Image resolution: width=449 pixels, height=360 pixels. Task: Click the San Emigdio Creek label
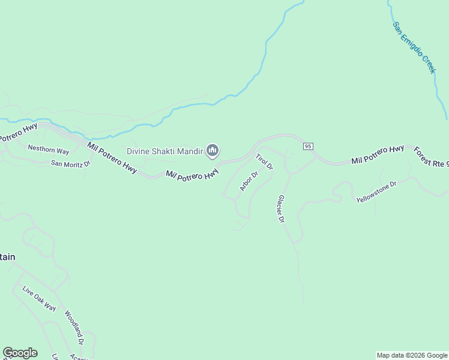click(414, 48)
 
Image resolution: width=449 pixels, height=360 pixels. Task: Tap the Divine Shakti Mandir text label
click(164, 151)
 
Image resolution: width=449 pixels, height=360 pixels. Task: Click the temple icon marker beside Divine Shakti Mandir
click(212, 151)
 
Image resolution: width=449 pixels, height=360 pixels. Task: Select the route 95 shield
click(308, 146)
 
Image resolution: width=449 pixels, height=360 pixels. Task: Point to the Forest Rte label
click(430, 157)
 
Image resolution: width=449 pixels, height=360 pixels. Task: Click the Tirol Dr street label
click(264, 162)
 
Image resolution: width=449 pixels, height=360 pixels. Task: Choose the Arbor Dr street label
click(249, 181)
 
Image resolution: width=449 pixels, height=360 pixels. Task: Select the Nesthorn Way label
click(49, 151)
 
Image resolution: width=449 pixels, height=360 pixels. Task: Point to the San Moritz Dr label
click(70, 163)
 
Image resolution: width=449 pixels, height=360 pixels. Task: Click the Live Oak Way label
click(39, 299)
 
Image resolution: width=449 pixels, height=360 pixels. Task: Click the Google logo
click(20, 353)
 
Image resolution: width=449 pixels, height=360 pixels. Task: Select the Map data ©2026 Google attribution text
click(412, 355)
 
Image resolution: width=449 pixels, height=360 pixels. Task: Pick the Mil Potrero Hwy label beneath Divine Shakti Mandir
click(192, 175)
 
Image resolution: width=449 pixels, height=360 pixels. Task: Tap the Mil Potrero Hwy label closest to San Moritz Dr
click(112, 157)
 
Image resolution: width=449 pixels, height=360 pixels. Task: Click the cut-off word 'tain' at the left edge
click(7, 257)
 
